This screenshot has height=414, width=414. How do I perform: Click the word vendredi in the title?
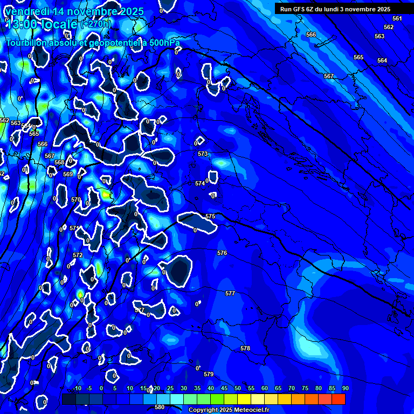tap(30, 11)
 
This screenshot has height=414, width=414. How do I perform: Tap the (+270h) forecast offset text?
tap(96, 24)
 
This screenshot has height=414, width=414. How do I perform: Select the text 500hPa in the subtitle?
tap(165, 43)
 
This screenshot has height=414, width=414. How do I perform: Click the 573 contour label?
tap(203, 154)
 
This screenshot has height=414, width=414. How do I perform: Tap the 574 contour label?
tap(200, 183)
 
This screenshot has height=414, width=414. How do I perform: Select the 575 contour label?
tap(210, 216)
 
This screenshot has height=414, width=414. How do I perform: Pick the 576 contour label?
tap(222, 253)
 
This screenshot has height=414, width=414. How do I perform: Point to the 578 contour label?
tap(245, 348)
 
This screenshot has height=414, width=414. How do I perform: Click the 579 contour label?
tap(209, 374)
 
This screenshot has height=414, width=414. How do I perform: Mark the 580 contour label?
tap(160, 407)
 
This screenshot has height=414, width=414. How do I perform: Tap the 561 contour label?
tap(397, 18)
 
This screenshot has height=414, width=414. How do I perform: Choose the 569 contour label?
tap(68, 174)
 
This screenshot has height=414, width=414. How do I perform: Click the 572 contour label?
tap(78, 255)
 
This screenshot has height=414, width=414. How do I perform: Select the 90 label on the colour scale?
tap(345, 389)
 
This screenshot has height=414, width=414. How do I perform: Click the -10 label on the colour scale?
tap(77, 389)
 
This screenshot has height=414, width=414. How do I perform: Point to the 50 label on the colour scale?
tap(238, 389)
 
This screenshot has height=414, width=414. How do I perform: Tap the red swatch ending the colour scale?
tap(338, 399)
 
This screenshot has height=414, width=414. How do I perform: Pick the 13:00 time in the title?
tap(24, 24)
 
